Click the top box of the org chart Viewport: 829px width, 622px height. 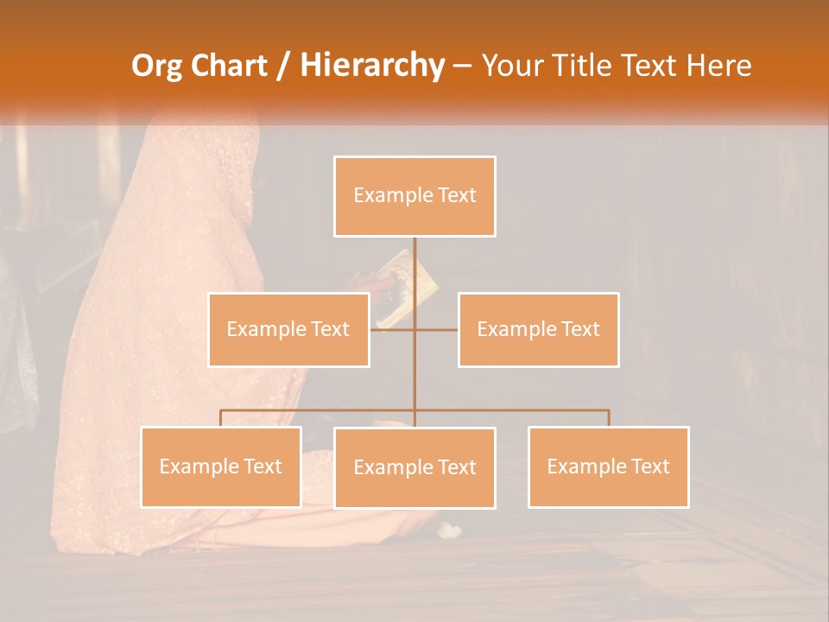tap(414, 196)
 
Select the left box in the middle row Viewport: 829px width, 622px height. tap(288, 329)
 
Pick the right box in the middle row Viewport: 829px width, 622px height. tap(538, 329)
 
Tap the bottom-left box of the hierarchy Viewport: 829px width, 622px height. tap(220, 466)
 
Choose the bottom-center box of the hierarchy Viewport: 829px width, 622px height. tap(414, 467)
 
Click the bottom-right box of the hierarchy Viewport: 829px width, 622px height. tap(608, 466)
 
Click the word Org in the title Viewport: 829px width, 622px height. tap(156, 66)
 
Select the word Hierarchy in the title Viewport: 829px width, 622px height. tap(372, 66)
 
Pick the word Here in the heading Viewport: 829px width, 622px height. tap(718, 66)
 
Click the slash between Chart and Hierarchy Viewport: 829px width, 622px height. tap(284, 66)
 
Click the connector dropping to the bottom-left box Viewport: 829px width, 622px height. tap(220, 418)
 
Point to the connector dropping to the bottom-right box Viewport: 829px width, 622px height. tap(609, 418)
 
